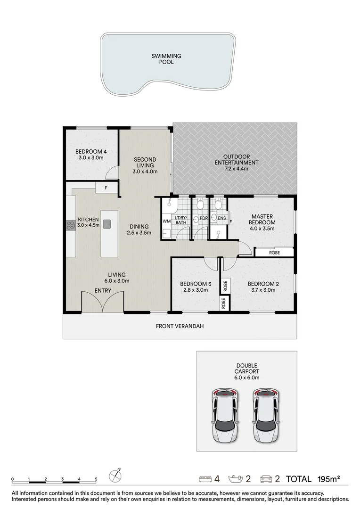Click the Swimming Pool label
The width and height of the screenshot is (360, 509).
click(x=166, y=59)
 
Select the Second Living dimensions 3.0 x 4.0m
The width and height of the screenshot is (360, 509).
click(x=145, y=172)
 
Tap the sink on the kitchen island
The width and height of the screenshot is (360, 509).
click(x=107, y=224)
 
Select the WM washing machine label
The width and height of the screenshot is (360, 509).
click(x=166, y=221)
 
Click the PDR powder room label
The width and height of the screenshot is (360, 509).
click(x=204, y=218)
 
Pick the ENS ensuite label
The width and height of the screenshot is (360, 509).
click(x=222, y=218)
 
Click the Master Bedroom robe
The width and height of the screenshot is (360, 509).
click(x=274, y=253)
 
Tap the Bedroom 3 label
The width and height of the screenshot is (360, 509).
click(x=195, y=284)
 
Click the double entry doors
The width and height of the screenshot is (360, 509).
click(x=103, y=302)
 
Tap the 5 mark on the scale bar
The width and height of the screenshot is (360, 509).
click(x=96, y=479)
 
